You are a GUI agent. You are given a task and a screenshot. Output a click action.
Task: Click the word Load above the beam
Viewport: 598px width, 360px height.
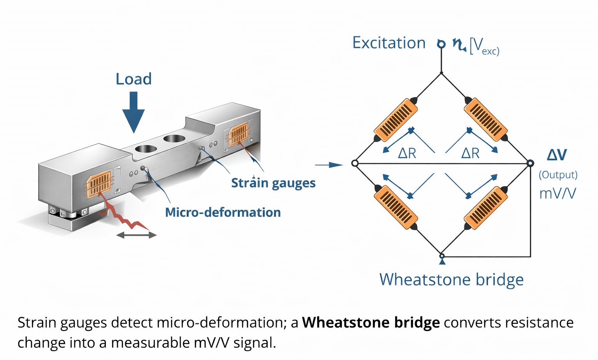(134, 79)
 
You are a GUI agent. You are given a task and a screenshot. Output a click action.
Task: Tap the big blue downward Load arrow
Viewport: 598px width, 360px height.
(134, 113)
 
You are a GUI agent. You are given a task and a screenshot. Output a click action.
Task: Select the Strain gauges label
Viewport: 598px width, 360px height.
(273, 183)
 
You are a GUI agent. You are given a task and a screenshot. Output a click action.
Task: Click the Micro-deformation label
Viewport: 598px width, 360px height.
(223, 212)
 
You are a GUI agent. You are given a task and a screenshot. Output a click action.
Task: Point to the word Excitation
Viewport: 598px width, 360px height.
(389, 43)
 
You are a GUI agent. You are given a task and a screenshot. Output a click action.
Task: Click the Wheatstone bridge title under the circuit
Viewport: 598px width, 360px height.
(451, 279)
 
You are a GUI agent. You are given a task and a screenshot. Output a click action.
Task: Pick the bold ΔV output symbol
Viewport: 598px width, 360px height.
(557, 155)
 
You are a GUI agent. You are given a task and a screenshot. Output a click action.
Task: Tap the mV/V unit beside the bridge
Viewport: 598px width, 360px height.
(558, 193)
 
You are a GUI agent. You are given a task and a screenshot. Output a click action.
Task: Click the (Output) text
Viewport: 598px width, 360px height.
(558, 175)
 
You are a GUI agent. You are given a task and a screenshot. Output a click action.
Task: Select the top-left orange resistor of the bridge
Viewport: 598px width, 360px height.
(396, 119)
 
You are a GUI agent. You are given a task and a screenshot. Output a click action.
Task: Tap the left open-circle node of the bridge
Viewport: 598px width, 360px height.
(355, 163)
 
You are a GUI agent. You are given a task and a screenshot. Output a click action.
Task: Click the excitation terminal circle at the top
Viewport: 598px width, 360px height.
(441, 44)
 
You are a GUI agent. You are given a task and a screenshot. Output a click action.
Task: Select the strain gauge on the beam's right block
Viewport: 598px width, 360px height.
(238, 134)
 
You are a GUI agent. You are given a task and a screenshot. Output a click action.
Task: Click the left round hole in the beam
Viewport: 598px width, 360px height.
(146, 149)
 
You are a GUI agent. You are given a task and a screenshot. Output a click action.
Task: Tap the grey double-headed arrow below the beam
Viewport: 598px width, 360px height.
(136, 235)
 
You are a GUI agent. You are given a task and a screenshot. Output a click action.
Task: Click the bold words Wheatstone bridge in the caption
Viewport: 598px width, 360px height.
(371, 323)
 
